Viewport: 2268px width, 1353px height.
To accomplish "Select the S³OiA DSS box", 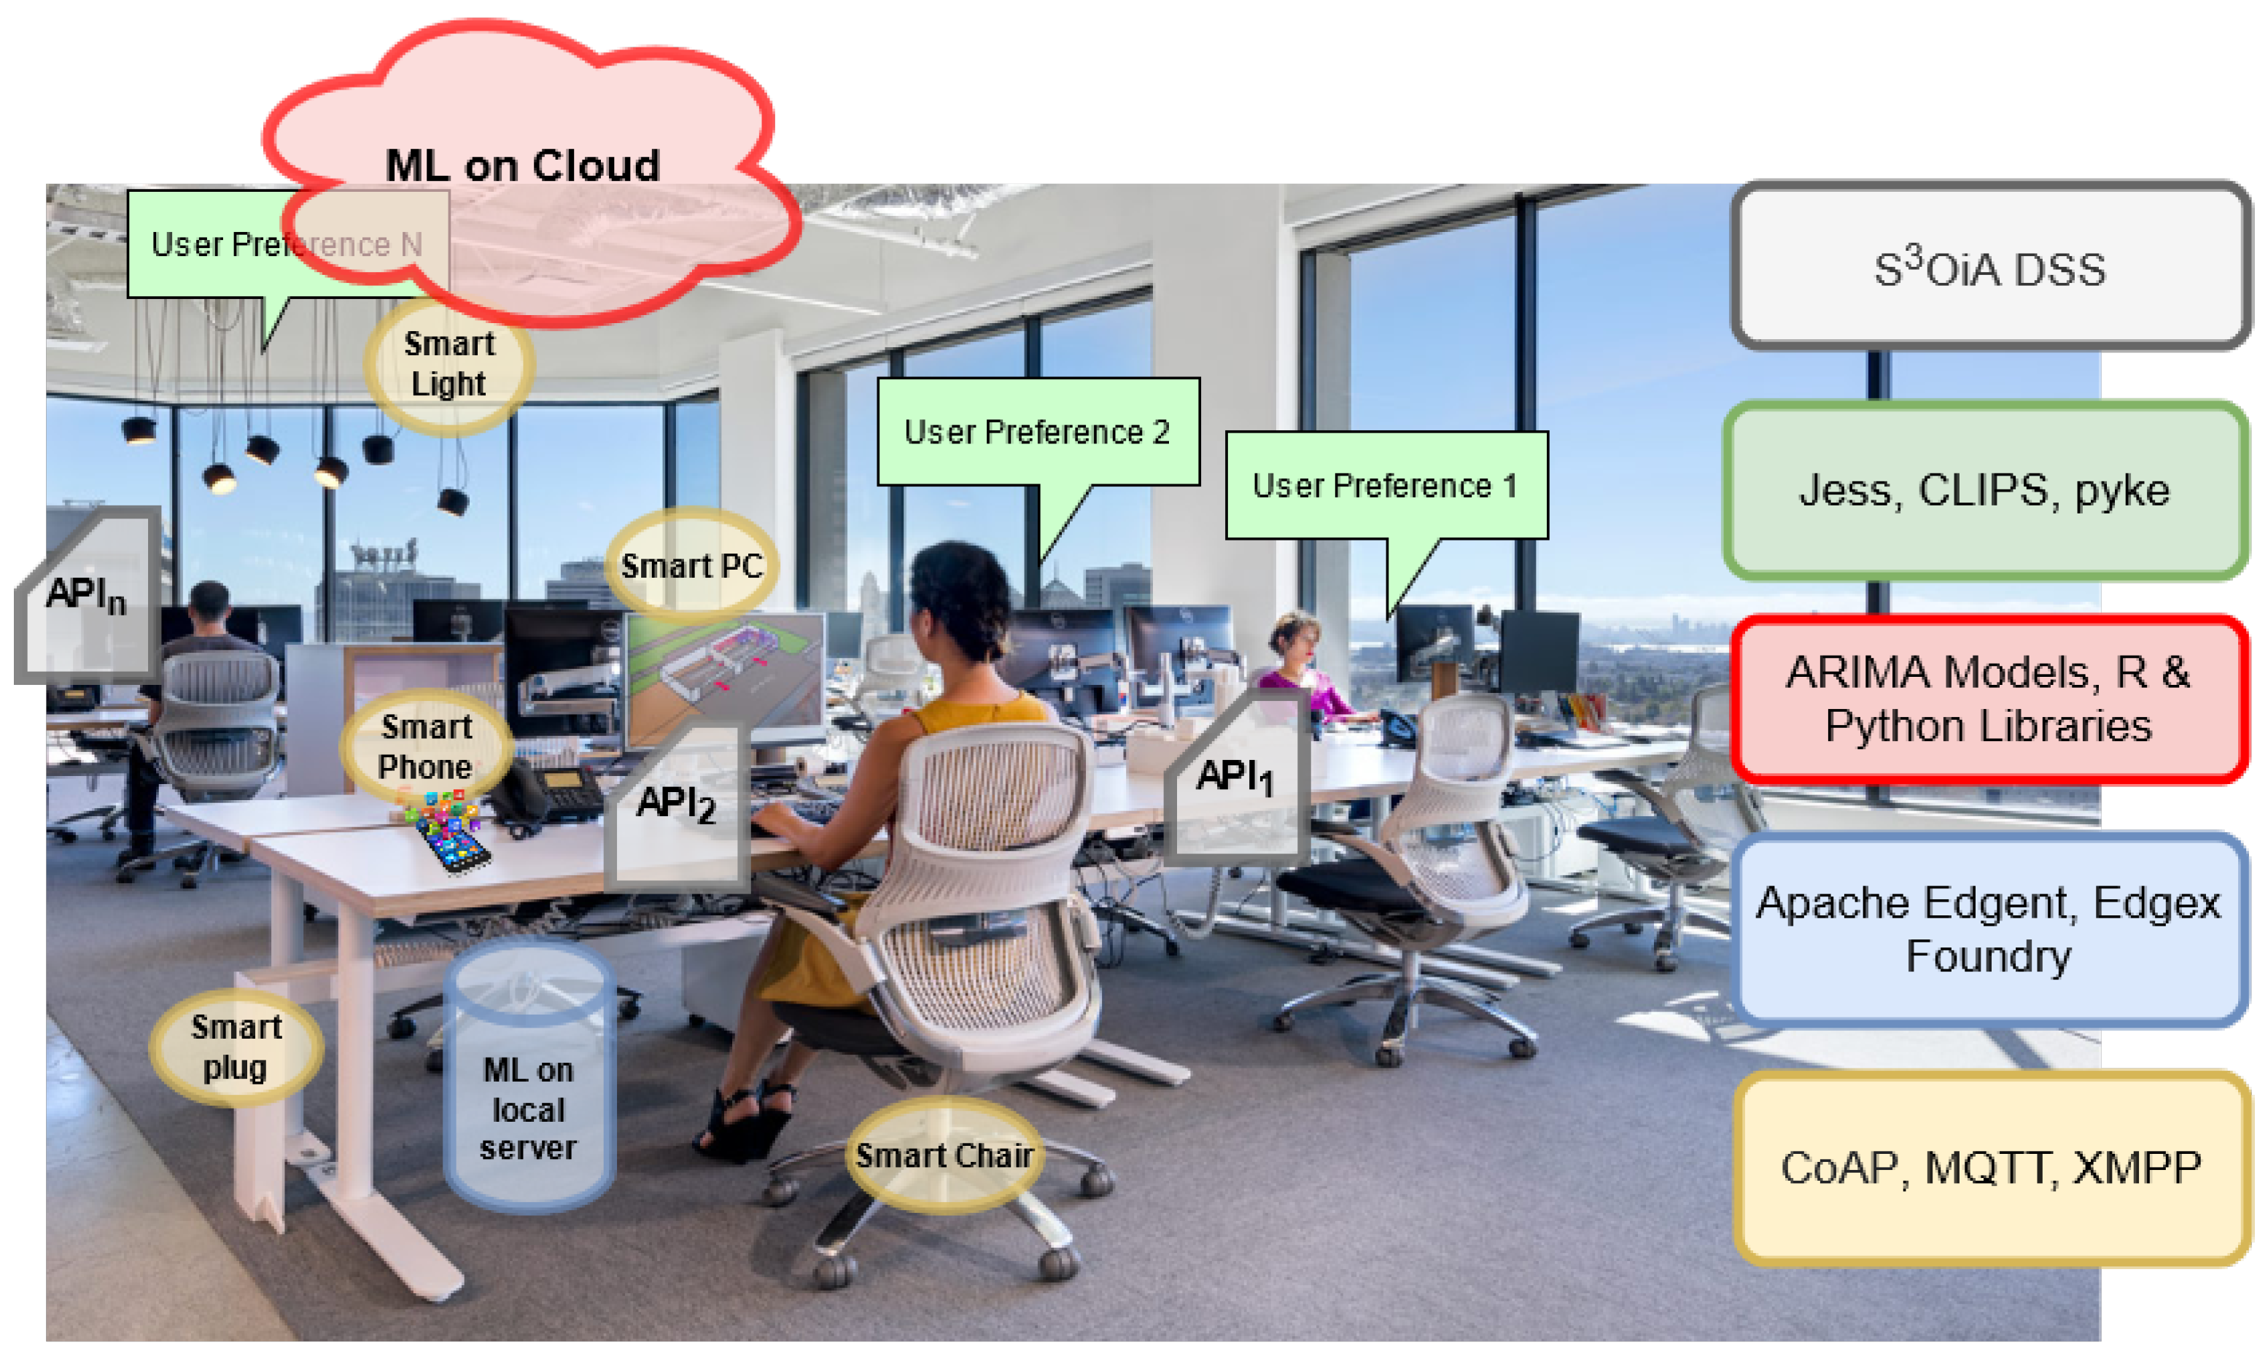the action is pyautogui.click(x=1989, y=267).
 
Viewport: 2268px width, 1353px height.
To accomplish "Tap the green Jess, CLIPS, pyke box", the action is pyautogui.click(x=1984, y=490).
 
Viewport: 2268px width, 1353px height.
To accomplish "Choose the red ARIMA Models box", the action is pyautogui.click(x=1987, y=699).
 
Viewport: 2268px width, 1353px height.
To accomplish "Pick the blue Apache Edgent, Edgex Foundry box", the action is pyautogui.click(x=1987, y=928).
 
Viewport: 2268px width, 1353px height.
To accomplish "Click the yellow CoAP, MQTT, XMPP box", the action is pyautogui.click(x=1990, y=1167).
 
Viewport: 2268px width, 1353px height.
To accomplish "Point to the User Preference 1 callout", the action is pyautogui.click(x=1386, y=485).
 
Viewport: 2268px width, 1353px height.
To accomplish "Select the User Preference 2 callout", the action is pyautogui.click(x=1037, y=431).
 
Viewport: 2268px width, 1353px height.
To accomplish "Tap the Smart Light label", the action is pyautogui.click(x=448, y=364).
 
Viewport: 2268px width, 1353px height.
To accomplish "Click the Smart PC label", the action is pyautogui.click(x=691, y=565).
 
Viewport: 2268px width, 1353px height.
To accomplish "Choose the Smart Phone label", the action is pyautogui.click(x=426, y=745).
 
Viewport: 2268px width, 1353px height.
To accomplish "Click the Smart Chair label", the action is pyautogui.click(x=944, y=1155).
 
